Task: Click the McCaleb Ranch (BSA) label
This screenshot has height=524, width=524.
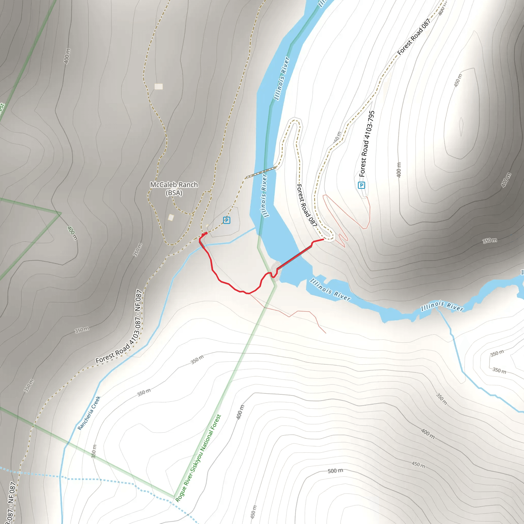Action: click(174, 189)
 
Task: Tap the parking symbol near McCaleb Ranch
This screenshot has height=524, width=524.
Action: click(226, 220)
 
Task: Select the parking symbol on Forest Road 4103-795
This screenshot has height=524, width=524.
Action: click(361, 185)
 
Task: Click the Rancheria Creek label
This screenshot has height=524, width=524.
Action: click(89, 413)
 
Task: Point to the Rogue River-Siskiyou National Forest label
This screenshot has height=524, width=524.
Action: click(198, 458)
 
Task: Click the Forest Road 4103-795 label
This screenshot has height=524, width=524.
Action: click(367, 144)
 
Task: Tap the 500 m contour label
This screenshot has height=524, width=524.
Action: click(335, 471)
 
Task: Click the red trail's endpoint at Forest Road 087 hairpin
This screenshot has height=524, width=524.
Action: click(323, 239)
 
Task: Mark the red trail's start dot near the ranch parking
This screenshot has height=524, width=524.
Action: click(206, 233)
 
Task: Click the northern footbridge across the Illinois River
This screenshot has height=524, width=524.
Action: click(261, 172)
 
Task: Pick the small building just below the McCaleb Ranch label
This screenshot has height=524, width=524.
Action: click(171, 217)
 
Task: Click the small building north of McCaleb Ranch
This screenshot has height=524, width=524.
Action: click(159, 86)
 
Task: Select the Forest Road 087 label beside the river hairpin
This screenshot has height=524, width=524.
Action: click(307, 205)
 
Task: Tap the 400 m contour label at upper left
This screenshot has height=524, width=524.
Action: click(67, 56)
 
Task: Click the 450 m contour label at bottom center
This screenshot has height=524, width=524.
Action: click(253, 511)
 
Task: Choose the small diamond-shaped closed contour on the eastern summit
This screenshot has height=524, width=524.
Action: click(461, 126)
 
